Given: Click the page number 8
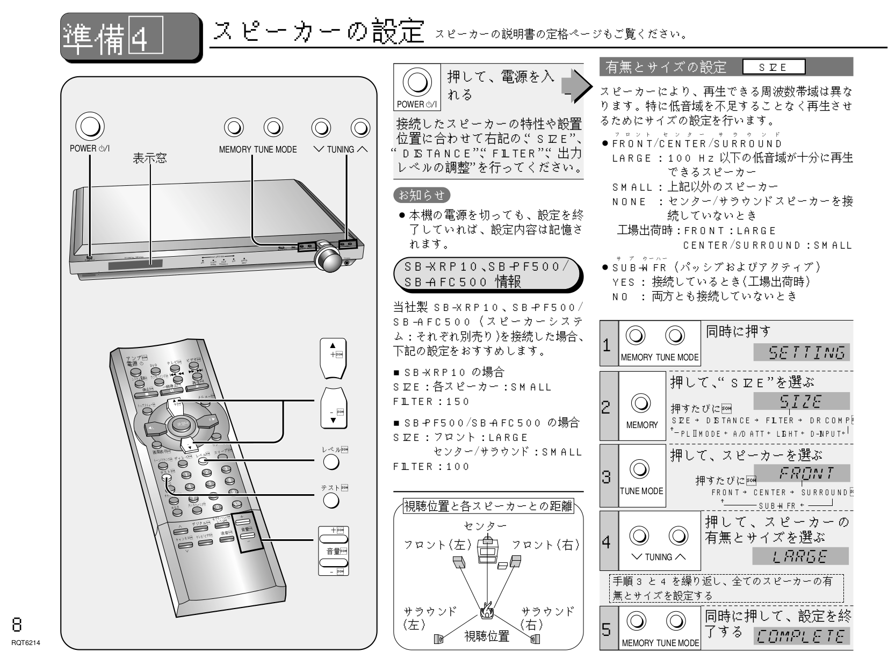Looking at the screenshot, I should click(x=17, y=624).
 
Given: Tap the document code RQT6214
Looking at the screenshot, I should click(x=20, y=641).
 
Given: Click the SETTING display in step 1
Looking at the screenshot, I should click(x=802, y=353).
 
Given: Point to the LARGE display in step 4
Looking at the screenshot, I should click(x=800, y=557).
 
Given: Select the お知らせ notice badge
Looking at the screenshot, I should click(x=422, y=194).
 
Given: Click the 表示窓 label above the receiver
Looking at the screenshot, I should click(x=150, y=157).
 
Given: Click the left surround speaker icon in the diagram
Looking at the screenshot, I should click(x=439, y=639).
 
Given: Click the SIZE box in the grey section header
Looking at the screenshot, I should click(x=774, y=67).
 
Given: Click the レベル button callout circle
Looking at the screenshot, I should click(x=331, y=461).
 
